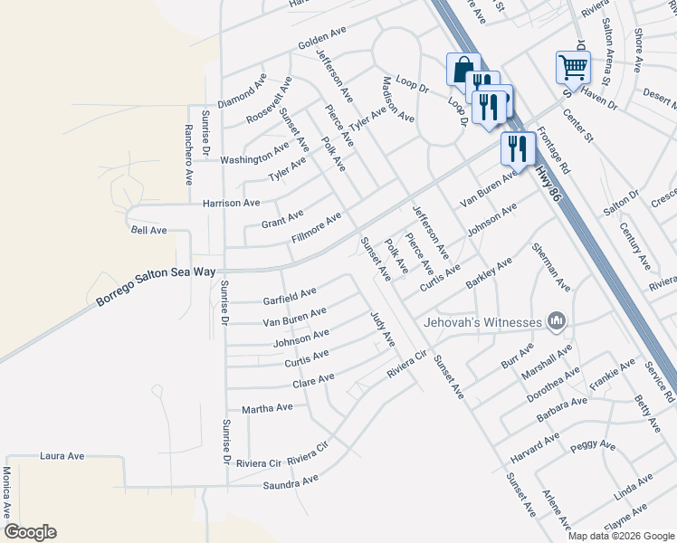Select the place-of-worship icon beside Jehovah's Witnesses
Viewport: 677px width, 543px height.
click(556, 321)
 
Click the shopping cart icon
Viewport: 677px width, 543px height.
click(573, 66)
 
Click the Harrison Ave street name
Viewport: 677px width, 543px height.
click(231, 204)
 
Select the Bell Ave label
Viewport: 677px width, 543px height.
click(149, 231)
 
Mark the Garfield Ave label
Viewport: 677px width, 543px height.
click(290, 294)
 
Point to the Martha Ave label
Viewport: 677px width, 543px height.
click(266, 408)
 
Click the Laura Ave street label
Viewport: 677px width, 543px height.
click(62, 456)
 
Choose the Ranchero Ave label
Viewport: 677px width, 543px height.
click(189, 155)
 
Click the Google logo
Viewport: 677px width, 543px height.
click(30, 532)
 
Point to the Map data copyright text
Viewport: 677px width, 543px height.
click(620, 536)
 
